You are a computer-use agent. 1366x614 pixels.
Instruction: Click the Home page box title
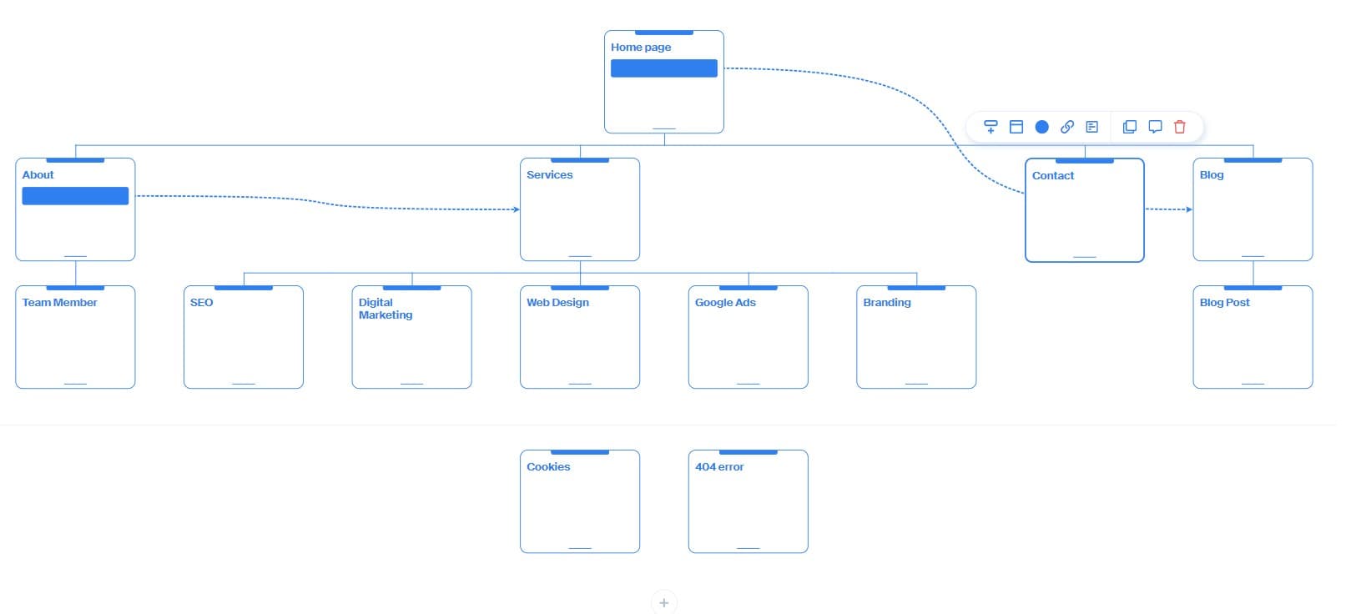640,48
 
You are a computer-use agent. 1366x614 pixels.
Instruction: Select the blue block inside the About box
75,196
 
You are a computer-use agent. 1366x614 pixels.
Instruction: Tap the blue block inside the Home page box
663,68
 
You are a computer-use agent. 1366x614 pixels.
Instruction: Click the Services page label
549,175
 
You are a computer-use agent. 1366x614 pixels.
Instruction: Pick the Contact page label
1052,176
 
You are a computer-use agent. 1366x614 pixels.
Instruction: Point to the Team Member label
59,303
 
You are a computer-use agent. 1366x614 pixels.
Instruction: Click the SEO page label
201,303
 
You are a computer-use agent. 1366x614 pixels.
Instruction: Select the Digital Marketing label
385,309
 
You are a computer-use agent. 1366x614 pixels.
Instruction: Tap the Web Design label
557,303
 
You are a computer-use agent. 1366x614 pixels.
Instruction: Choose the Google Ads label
724,303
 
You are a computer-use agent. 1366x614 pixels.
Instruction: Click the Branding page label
886,303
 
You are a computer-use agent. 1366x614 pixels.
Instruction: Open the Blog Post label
1224,303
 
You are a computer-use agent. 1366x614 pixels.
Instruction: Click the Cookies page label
548,467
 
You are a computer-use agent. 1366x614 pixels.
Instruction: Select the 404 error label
718,467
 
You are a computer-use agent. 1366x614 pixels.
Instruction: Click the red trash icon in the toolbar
1179,127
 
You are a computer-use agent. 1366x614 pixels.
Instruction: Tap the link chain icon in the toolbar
1066,127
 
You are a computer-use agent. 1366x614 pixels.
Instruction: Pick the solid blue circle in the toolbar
1041,127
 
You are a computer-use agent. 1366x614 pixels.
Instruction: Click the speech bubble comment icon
1155,127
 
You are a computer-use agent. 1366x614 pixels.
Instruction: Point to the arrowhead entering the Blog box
1189,209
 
